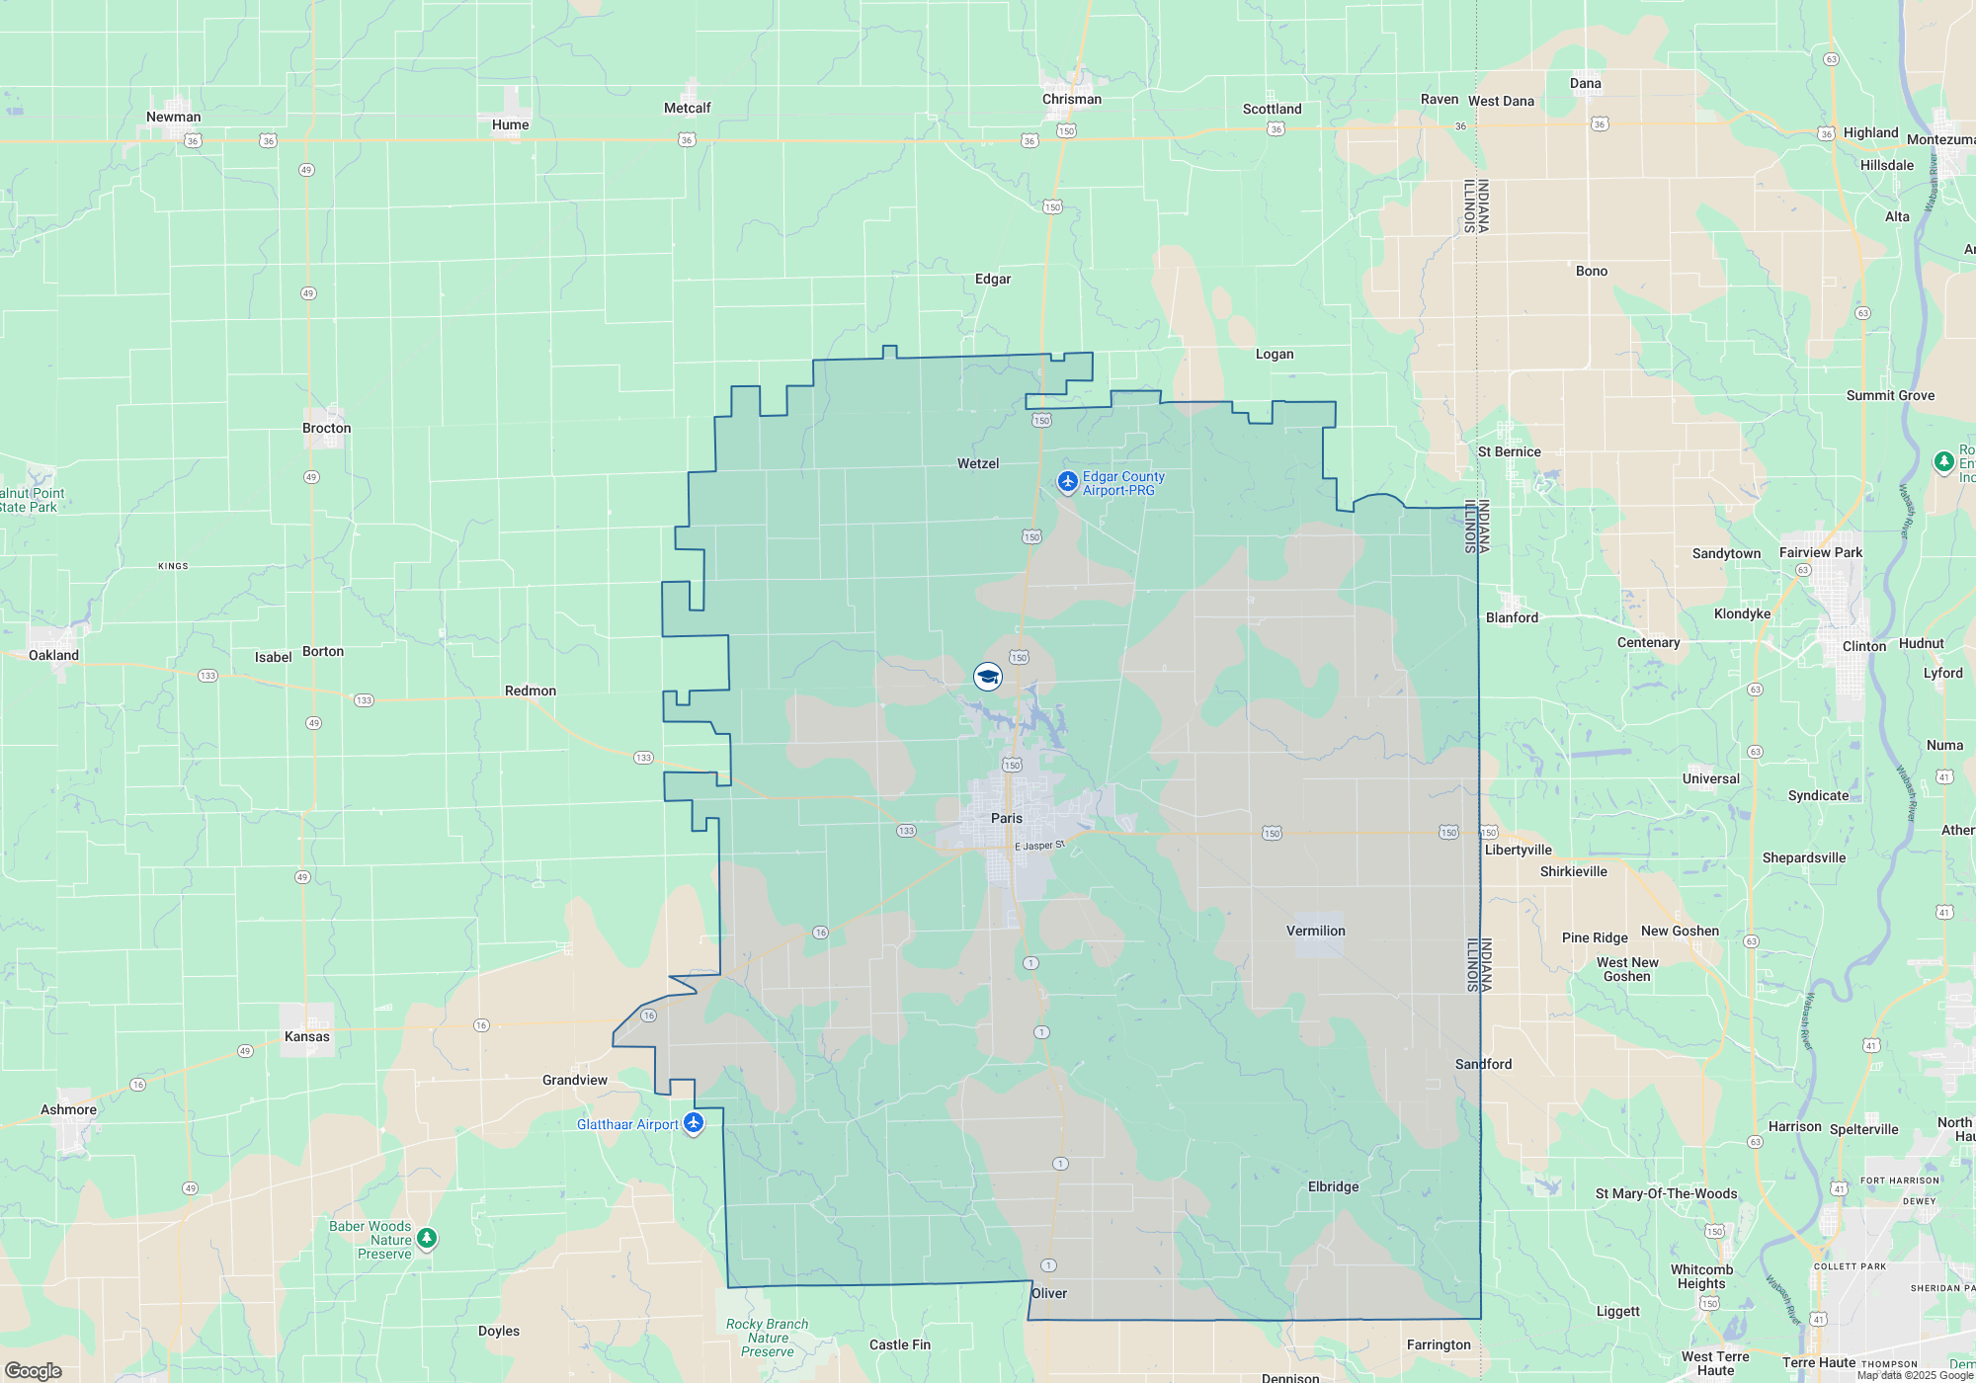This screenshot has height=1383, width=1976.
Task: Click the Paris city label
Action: (1007, 818)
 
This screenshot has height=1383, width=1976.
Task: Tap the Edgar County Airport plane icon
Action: (1067, 482)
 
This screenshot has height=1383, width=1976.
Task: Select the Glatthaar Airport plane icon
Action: (694, 1123)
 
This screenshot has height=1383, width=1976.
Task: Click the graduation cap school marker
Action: (988, 677)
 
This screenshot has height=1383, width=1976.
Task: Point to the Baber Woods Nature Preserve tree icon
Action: (427, 1238)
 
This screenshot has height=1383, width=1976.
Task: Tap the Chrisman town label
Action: (1071, 99)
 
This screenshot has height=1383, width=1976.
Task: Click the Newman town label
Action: (173, 117)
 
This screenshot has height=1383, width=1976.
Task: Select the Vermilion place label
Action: (1315, 931)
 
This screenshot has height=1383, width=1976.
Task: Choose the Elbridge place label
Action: (1333, 1186)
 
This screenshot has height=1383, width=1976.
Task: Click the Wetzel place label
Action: (978, 463)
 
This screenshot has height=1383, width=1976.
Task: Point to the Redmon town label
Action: (531, 691)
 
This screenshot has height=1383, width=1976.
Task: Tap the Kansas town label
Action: (307, 1036)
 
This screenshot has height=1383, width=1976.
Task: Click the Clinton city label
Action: (1864, 646)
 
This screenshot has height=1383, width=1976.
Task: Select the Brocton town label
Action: (327, 428)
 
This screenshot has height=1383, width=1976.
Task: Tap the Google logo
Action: (34, 1370)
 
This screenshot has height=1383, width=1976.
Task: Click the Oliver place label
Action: (1049, 1293)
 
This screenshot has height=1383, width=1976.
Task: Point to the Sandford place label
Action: (1483, 1064)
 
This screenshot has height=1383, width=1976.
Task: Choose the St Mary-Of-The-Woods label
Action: (1666, 1193)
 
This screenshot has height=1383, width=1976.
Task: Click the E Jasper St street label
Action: (1039, 846)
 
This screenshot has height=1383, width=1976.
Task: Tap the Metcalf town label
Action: (687, 108)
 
